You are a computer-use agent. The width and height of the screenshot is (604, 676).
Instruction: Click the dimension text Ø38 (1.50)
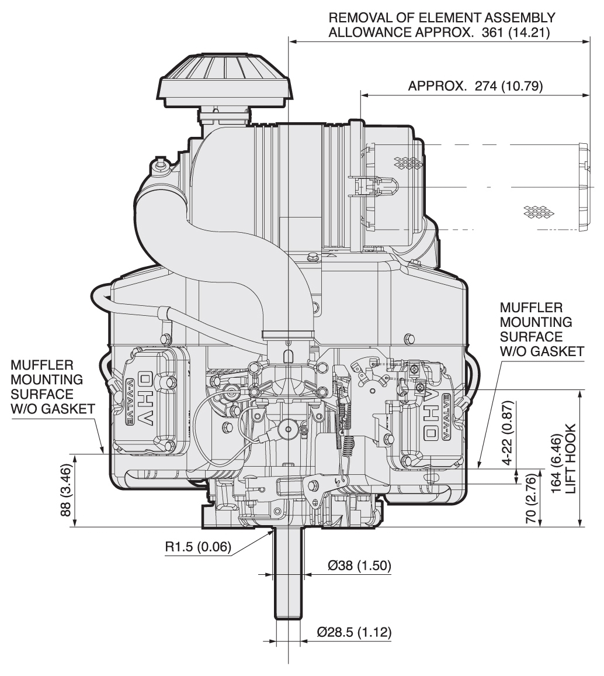click(359, 565)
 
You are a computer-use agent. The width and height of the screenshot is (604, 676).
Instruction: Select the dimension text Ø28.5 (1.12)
click(353, 632)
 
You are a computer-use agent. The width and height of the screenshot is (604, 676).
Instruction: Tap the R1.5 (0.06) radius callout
click(199, 547)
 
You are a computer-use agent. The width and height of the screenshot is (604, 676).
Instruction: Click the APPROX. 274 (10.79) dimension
click(475, 87)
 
